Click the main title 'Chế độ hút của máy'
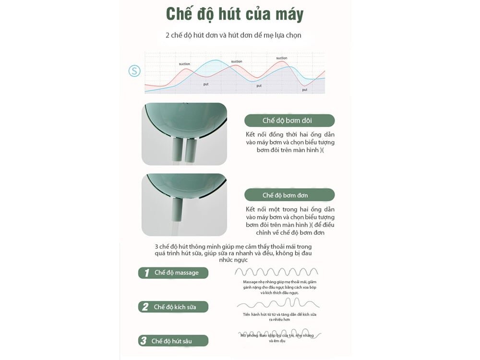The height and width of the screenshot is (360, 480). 235,14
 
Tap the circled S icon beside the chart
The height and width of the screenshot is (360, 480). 134,71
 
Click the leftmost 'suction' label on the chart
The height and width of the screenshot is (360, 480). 184,64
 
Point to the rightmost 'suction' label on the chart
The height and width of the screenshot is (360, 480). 282,58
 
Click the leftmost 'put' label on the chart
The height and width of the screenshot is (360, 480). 205,84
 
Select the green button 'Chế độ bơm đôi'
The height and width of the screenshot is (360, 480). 289,120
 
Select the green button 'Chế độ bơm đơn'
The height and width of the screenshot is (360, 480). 289,195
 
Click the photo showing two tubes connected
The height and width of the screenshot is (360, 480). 184,134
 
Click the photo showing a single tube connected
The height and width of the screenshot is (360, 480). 184,204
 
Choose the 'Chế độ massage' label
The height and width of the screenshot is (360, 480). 176,273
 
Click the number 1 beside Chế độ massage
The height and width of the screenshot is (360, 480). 146,273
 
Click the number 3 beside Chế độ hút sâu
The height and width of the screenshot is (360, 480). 143,341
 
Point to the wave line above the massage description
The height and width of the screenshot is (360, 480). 276,272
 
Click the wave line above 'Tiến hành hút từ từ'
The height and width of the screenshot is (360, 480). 278,303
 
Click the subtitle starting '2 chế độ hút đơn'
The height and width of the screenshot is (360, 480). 233,35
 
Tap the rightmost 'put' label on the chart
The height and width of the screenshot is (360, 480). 304,90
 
